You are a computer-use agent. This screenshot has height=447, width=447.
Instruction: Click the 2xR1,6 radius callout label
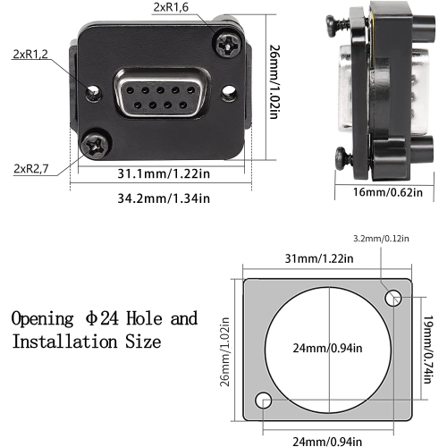pos(171,7)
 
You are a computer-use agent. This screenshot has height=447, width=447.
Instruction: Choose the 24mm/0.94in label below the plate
pos(327,439)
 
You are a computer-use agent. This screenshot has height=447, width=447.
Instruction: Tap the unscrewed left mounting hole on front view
pos(89,89)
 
